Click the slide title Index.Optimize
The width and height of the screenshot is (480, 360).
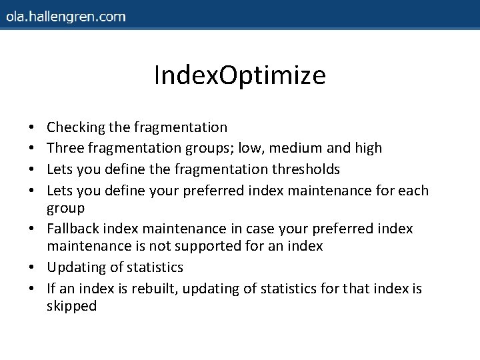239,75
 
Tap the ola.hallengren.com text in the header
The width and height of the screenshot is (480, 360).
65,17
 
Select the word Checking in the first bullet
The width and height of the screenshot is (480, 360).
72,127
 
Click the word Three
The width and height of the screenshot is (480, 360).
65,148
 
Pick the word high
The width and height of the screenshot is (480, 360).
368,148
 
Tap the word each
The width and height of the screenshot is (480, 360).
413,191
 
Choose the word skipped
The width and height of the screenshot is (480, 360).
71,307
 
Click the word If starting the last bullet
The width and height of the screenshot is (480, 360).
52,289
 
